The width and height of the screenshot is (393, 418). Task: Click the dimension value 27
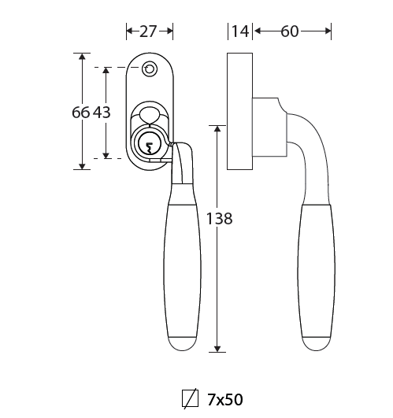pos(148,31)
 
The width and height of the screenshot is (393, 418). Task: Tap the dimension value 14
pos(240,31)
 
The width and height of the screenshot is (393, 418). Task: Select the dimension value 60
pos(290,31)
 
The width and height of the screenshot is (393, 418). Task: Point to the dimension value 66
pos(80,112)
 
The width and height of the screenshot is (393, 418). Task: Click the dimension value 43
pos(102,112)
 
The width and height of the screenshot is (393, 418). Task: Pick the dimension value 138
pos(219,219)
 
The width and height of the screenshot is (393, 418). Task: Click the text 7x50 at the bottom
pos(225,399)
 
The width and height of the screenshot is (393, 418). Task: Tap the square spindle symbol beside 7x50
pos(190,398)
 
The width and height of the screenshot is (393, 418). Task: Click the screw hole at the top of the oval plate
pos(150,68)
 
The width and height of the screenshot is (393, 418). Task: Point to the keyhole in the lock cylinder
pos(150,148)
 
